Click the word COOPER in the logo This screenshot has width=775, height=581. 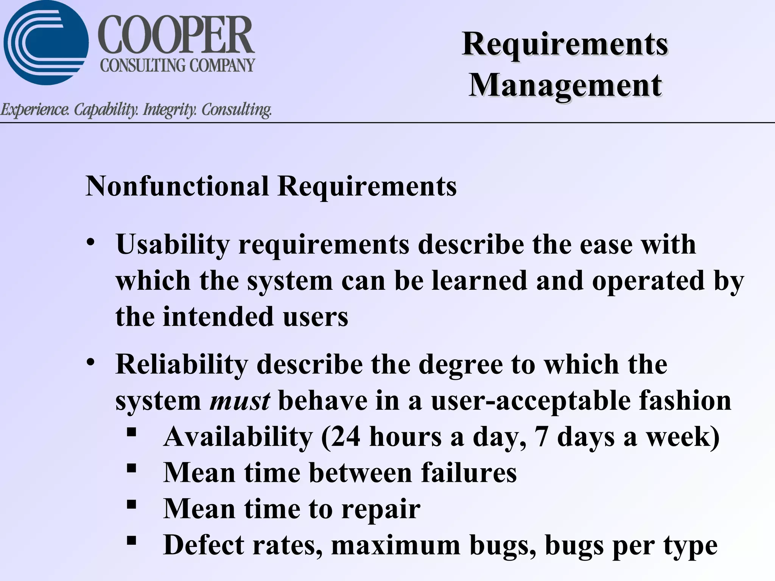click(x=176, y=36)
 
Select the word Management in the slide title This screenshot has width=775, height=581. click(x=565, y=85)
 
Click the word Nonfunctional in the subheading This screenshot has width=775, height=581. click(x=177, y=186)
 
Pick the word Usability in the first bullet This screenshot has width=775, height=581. click(x=173, y=245)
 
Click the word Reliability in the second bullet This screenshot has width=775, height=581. click(x=182, y=364)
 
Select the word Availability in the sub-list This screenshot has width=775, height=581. click(x=238, y=437)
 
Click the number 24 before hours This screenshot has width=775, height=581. click(x=345, y=437)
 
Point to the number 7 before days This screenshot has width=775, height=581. click(x=542, y=437)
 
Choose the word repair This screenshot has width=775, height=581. click(x=381, y=509)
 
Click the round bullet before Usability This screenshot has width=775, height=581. click(x=90, y=242)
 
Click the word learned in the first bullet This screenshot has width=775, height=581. click(x=479, y=281)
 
